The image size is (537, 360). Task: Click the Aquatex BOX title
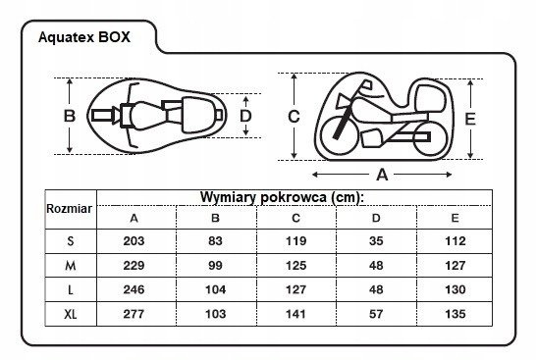[84, 37]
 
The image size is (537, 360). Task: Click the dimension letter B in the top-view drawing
[70, 116]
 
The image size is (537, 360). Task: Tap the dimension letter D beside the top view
[245, 116]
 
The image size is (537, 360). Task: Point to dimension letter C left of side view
[294, 117]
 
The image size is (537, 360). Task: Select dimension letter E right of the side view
[470, 119]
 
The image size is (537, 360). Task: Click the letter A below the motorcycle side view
[382, 175]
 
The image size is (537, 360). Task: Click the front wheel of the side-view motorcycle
[339, 135]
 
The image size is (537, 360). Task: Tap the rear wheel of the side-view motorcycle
[429, 137]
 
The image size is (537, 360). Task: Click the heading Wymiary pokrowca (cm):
[282, 197]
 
